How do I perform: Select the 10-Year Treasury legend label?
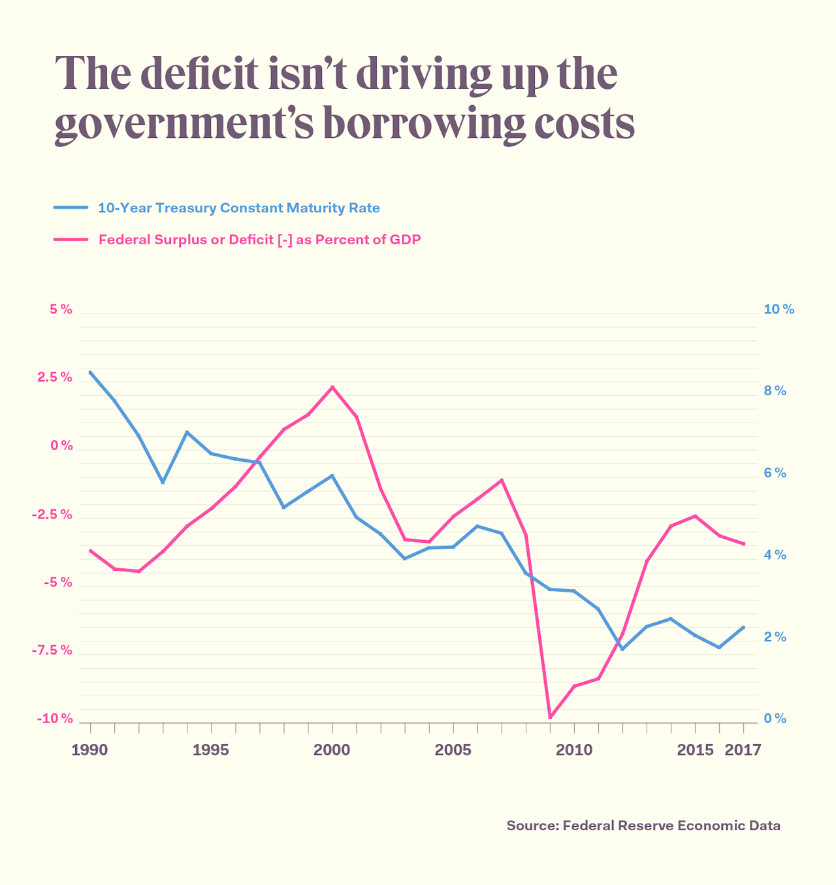pyautogui.click(x=239, y=208)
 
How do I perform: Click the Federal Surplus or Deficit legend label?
pyautogui.click(x=259, y=240)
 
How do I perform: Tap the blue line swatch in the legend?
pyautogui.click(x=71, y=208)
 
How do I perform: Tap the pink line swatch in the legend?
pyautogui.click(x=71, y=240)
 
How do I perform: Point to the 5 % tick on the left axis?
pyautogui.click(x=61, y=310)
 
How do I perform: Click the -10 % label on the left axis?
pyautogui.click(x=55, y=718)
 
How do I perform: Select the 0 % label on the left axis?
pyautogui.click(x=62, y=445)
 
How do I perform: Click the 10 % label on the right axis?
pyautogui.click(x=779, y=310)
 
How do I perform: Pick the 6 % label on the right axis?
pyautogui.click(x=775, y=473)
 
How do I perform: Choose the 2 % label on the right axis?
pyautogui.click(x=775, y=637)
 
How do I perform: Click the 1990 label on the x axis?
pyautogui.click(x=89, y=750)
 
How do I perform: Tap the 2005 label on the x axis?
pyautogui.click(x=453, y=750)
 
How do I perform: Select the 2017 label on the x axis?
pyautogui.click(x=743, y=750)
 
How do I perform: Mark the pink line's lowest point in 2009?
pyautogui.click(x=550, y=717)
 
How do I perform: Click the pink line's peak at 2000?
pyautogui.click(x=332, y=387)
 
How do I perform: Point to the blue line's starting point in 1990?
pyautogui.click(x=90, y=372)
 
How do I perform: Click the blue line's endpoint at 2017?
pyautogui.click(x=743, y=627)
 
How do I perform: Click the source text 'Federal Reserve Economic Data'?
pyautogui.click(x=671, y=826)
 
